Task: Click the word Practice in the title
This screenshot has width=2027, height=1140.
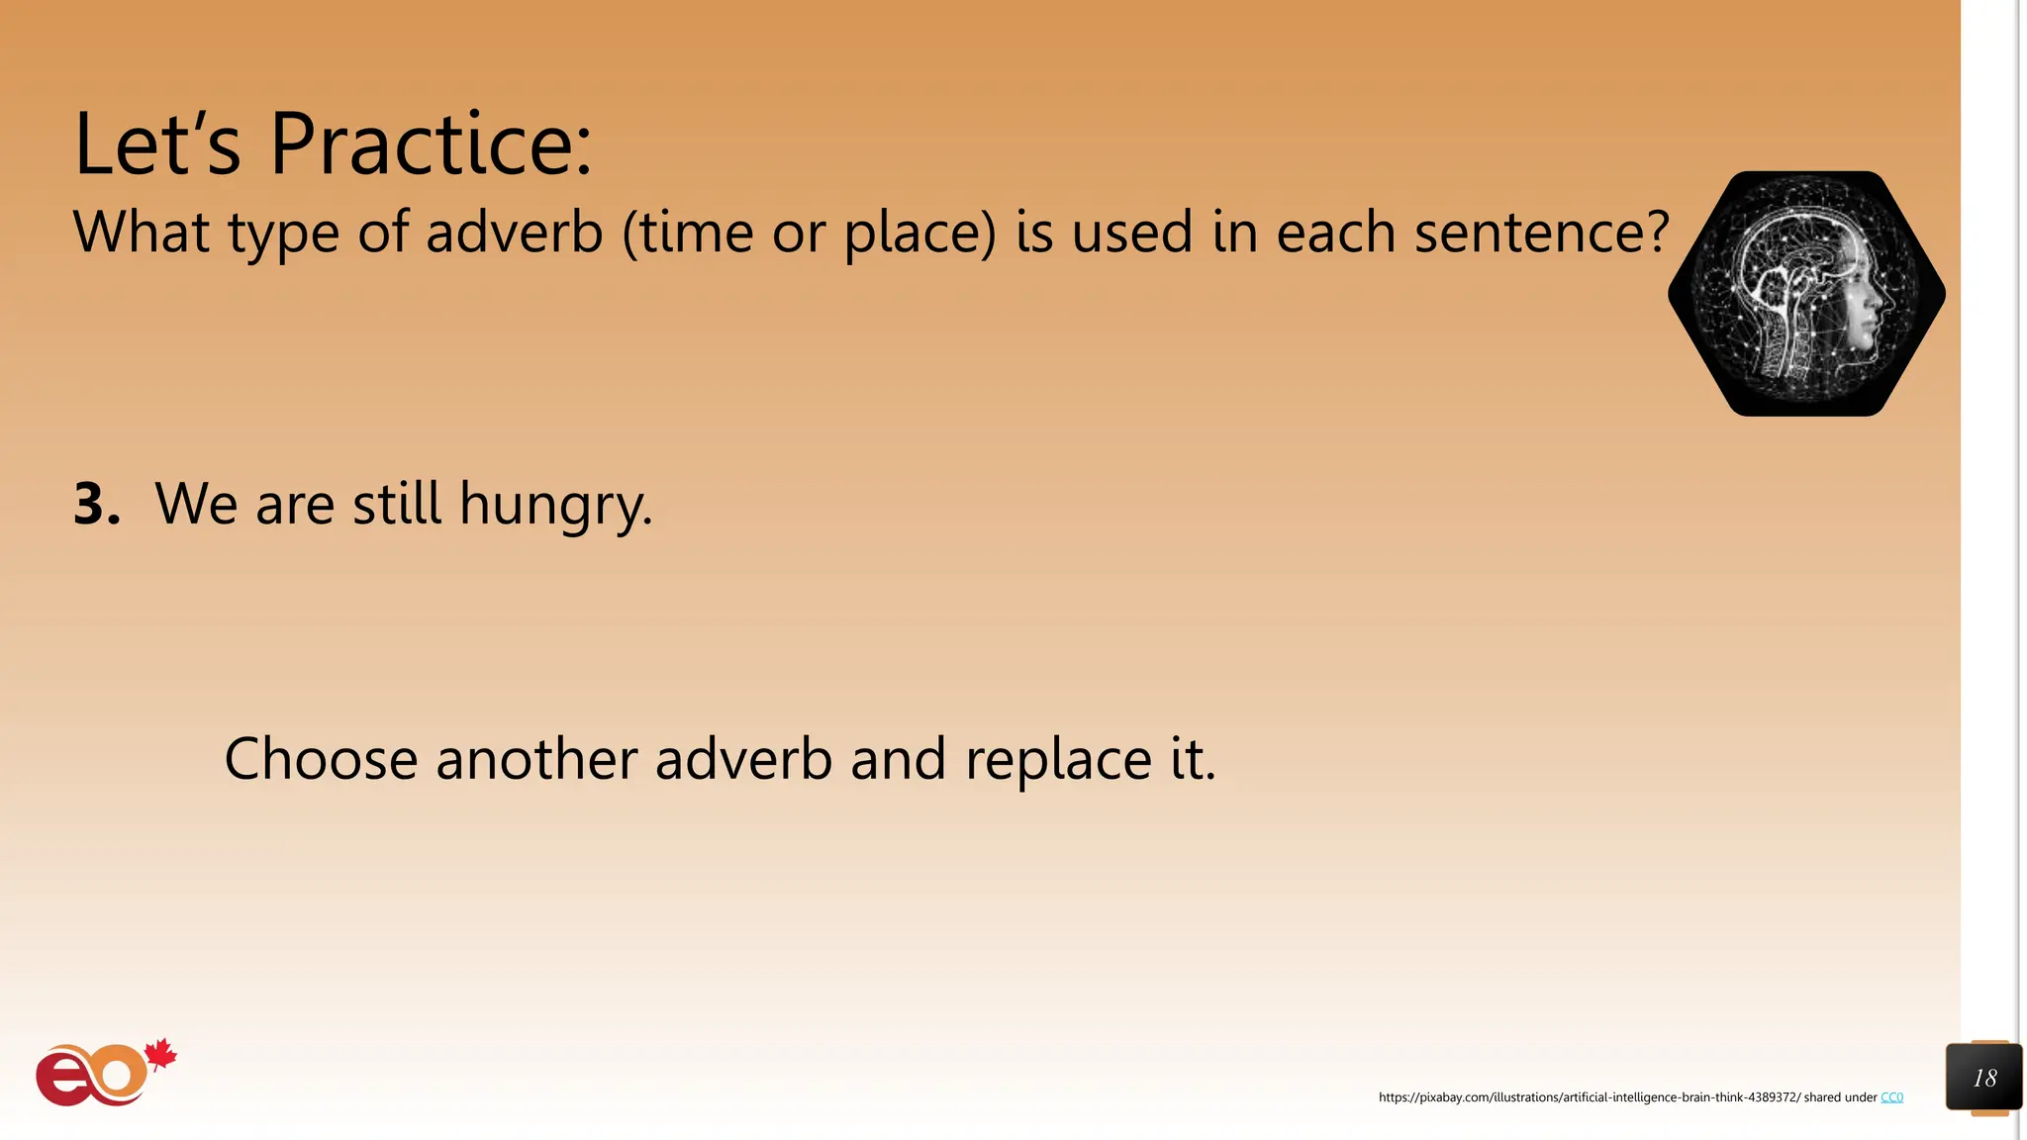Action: [x=431, y=144]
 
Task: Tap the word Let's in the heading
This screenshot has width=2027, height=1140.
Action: [x=156, y=144]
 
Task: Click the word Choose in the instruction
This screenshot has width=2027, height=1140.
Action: [x=321, y=759]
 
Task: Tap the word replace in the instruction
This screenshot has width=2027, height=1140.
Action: [x=1058, y=761]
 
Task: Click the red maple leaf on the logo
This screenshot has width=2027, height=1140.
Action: [x=160, y=1055]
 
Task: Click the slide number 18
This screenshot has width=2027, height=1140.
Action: [x=1983, y=1078]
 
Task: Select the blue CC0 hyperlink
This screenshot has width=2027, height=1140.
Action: [x=1891, y=1097]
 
